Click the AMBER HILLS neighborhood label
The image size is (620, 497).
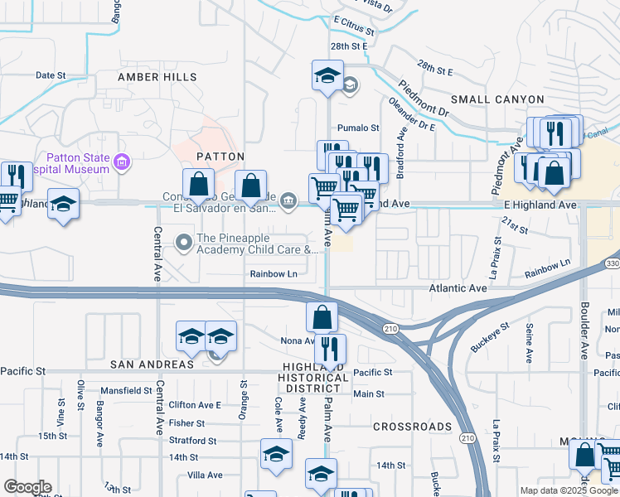(157, 77)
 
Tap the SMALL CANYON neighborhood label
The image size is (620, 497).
(497, 99)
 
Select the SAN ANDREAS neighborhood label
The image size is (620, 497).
(152, 364)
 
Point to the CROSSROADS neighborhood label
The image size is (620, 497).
(412, 427)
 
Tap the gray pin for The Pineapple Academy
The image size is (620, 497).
(183, 242)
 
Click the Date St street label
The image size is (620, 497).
(51, 75)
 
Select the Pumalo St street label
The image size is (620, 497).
(358, 128)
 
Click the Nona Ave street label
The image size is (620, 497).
(298, 340)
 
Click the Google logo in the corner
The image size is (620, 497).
(27, 487)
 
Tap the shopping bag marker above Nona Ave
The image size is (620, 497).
(322, 317)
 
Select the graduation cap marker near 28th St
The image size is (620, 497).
(327, 76)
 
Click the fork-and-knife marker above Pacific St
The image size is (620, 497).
(332, 349)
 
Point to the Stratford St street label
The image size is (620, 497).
(192, 442)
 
